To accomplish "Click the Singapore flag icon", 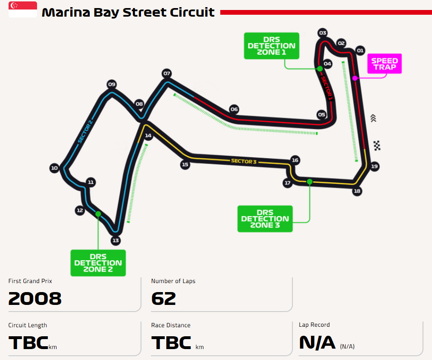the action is click(x=23, y=9).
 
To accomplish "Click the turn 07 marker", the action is click(x=167, y=73).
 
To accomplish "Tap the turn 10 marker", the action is click(x=54, y=168).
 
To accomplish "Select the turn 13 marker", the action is click(x=115, y=240).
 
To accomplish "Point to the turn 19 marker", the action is click(x=374, y=166).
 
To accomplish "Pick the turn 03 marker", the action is click(x=323, y=33).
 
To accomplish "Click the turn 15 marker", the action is click(x=185, y=165).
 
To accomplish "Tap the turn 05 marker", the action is click(x=321, y=114).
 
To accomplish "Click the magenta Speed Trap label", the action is click(x=385, y=64).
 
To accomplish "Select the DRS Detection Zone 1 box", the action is click(x=272, y=46).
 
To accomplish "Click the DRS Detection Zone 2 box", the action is click(x=98, y=263).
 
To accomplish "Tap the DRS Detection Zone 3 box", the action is click(x=265, y=218).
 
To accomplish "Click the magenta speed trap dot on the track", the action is click(x=355, y=78).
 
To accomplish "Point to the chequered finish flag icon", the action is click(x=377, y=146).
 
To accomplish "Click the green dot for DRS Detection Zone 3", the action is click(x=310, y=181).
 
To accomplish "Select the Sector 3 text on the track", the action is click(x=244, y=161).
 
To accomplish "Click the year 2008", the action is click(x=35, y=299).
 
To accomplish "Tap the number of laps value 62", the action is click(x=163, y=299).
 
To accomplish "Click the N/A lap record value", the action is click(x=317, y=342).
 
